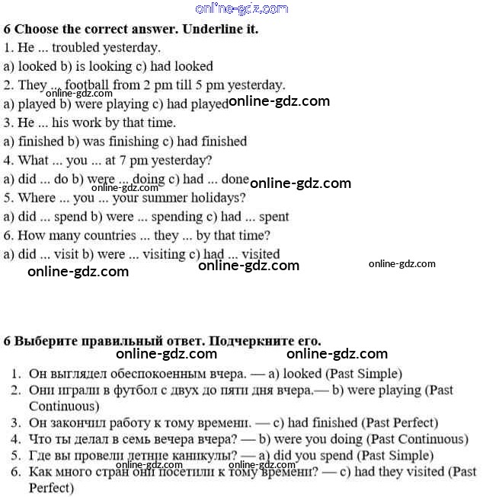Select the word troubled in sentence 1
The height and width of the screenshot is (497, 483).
point(85,48)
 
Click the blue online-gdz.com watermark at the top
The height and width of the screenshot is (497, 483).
point(241,8)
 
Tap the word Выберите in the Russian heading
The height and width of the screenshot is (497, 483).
point(47,340)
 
